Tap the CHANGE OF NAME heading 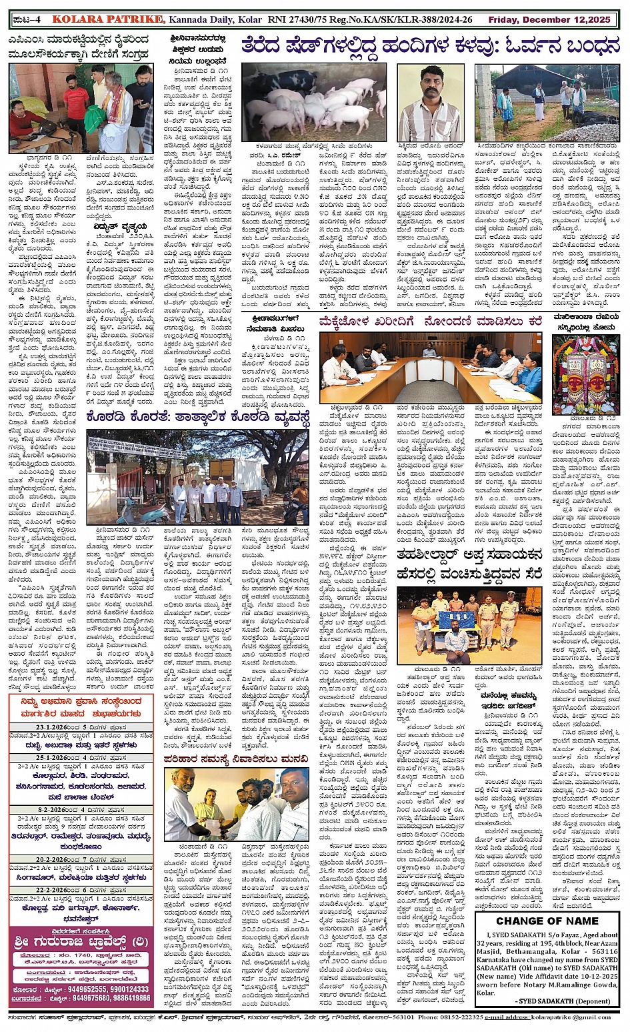[547, 921]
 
